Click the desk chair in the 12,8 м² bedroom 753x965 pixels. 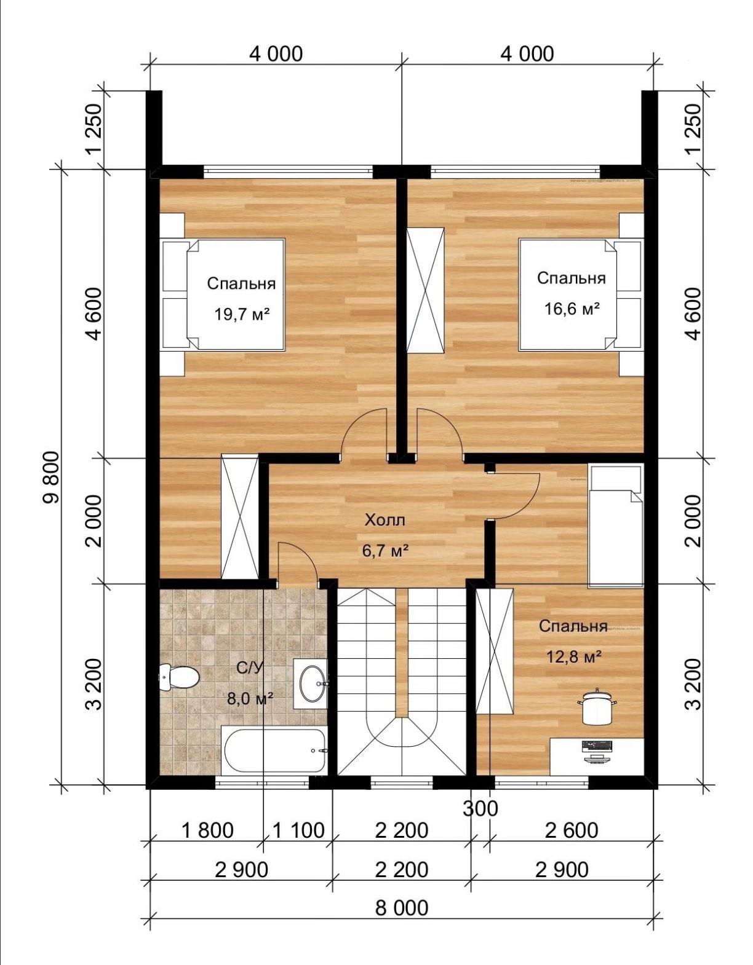click(x=597, y=705)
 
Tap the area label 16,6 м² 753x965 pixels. click(x=572, y=308)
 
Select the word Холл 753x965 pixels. click(x=385, y=519)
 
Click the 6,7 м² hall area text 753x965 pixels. click(x=385, y=551)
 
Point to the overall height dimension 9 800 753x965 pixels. click(x=52, y=477)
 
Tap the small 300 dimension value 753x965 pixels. click(x=480, y=808)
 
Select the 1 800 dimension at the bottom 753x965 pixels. click(x=207, y=830)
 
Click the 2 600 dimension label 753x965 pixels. click(x=572, y=830)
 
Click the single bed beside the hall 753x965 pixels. click(x=616, y=525)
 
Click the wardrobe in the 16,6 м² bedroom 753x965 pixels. click(x=426, y=290)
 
